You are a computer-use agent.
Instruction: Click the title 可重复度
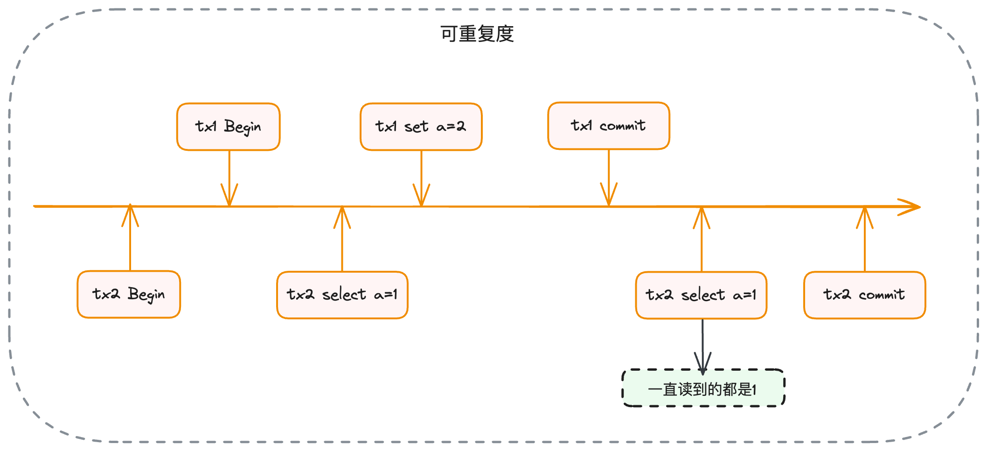click(477, 34)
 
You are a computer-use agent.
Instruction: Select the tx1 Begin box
click(228, 127)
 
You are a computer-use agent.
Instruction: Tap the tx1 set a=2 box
click(421, 127)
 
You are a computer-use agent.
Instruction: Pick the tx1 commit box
click(608, 126)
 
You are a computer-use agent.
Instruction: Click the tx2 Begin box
click(129, 294)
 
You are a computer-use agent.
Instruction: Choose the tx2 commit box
click(864, 295)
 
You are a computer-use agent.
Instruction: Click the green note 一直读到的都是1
click(703, 388)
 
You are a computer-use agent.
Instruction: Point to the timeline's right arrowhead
click(910, 207)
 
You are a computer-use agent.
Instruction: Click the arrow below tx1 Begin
click(229, 178)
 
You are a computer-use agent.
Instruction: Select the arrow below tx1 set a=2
click(421, 178)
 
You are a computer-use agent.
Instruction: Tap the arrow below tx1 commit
click(609, 177)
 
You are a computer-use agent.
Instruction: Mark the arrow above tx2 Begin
click(130, 238)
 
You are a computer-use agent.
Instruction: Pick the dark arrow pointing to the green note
click(702, 345)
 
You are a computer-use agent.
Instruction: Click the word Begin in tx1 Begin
click(242, 127)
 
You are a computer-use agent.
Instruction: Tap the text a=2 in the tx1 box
click(451, 126)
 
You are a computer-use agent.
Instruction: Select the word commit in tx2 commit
click(881, 295)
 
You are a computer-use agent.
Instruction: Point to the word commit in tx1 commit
click(622, 126)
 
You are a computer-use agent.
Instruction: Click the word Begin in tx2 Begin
click(146, 295)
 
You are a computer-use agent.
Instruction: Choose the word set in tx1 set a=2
click(416, 127)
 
